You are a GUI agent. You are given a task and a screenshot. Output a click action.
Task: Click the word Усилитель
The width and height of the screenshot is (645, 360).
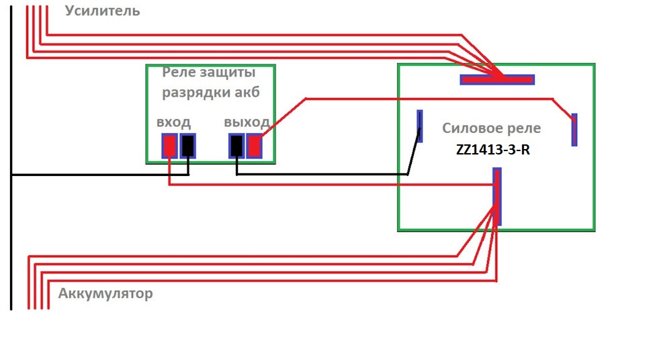click(x=103, y=11)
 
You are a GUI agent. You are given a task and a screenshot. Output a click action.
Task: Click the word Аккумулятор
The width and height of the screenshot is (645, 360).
click(x=105, y=294)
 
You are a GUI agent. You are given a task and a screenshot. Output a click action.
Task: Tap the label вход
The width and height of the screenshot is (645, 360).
click(x=173, y=122)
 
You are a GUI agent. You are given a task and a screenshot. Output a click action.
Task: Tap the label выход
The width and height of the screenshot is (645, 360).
click(x=247, y=122)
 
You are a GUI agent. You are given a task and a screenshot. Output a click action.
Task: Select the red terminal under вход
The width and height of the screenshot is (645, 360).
click(x=170, y=146)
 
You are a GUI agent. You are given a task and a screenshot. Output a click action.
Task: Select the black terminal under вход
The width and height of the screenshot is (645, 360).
click(x=188, y=146)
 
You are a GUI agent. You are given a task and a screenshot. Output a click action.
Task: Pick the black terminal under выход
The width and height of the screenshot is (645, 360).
click(x=236, y=146)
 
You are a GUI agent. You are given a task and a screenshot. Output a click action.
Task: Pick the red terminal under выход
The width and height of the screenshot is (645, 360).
click(x=254, y=146)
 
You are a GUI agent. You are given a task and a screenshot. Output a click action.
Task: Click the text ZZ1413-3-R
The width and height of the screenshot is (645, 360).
click(x=492, y=150)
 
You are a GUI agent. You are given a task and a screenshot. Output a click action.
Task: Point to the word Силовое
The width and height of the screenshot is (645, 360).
click(x=472, y=128)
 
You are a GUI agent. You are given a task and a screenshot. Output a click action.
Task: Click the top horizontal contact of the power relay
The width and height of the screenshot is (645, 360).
click(x=497, y=79)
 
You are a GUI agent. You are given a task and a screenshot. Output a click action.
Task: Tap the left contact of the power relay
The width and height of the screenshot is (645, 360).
click(x=420, y=126)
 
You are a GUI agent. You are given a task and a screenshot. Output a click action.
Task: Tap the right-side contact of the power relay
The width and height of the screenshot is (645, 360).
click(x=574, y=130)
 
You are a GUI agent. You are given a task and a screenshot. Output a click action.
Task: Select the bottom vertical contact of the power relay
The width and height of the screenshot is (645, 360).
click(x=497, y=196)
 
